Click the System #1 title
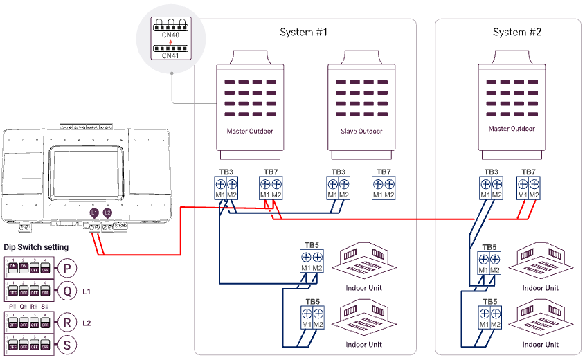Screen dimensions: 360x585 coord(303,33)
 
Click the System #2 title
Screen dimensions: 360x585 coord(516,33)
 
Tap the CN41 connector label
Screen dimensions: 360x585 coord(170,55)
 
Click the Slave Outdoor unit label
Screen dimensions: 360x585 coord(361,131)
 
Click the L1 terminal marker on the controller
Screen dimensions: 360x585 coord(95,213)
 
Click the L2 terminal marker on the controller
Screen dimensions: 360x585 coord(107,213)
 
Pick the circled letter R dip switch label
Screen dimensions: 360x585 coord(66,322)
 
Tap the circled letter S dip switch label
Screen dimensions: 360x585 coord(66,345)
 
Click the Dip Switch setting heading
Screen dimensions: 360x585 coord(36,247)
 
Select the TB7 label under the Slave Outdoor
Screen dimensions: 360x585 coord(384,172)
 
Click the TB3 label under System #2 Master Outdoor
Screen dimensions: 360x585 coord(491,172)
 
